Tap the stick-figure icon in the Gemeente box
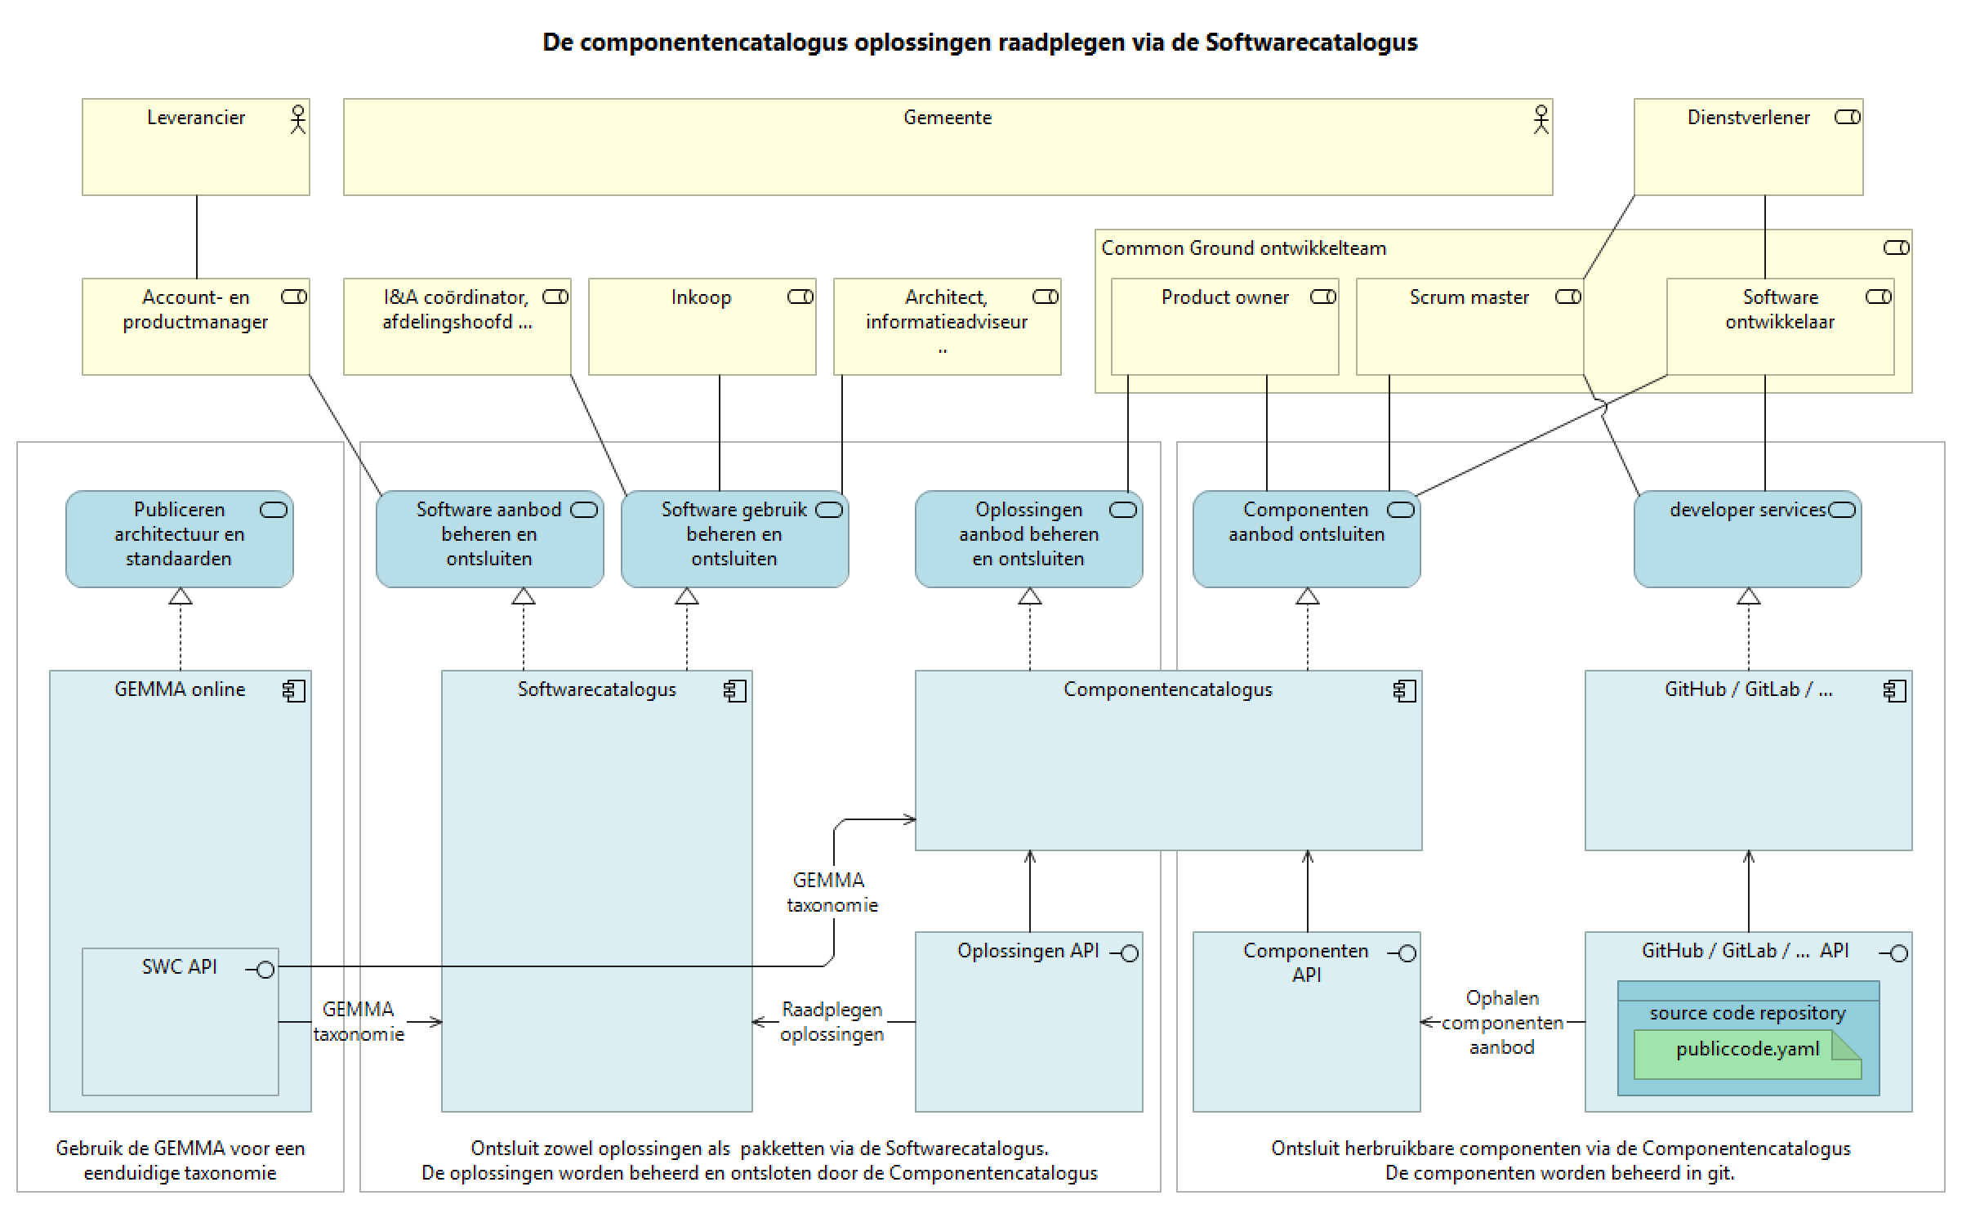1541,119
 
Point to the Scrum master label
1469,297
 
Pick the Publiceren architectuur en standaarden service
179,539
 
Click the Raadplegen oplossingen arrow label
832,1022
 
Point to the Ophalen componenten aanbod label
1501,1022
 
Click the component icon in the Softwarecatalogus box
734,691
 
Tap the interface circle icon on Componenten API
1407,953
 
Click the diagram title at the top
979,42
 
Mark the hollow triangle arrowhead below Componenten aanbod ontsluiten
1307,596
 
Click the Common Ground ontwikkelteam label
1243,248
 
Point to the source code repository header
1747,1013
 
